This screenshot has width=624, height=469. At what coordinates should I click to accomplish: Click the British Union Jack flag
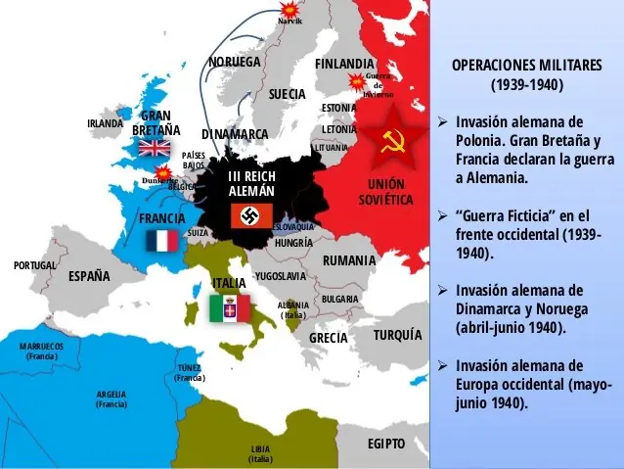(154, 148)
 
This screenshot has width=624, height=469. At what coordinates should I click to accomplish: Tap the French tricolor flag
(161, 241)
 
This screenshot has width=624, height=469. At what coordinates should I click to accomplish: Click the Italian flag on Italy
(230, 309)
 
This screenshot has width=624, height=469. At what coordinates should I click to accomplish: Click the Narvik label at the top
(290, 21)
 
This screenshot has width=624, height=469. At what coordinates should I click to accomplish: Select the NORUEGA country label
(235, 62)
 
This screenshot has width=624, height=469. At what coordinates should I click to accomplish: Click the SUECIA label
(288, 94)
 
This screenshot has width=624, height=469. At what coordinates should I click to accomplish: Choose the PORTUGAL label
(34, 265)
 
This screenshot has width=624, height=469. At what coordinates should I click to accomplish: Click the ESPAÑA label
(89, 276)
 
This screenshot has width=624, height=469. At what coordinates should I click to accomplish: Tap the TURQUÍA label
(397, 335)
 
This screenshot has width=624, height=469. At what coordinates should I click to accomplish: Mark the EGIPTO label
(385, 443)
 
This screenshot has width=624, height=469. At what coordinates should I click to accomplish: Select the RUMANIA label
(349, 260)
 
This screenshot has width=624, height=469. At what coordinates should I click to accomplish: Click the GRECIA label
(329, 338)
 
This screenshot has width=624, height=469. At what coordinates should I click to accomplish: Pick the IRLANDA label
(105, 124)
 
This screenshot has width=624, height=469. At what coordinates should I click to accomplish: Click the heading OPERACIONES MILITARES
(526, 65)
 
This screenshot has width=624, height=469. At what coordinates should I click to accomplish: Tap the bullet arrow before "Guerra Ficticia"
(442, 215)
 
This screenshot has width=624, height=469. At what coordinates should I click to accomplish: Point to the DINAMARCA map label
(235, 133)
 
